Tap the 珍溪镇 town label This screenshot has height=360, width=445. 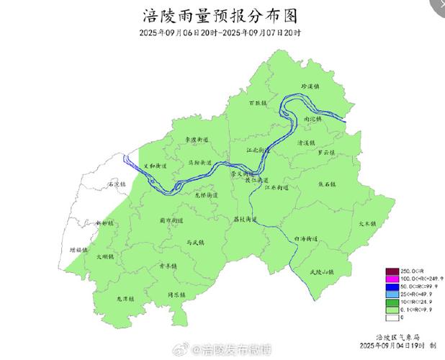point(310,86)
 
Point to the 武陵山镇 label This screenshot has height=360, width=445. point(321,271)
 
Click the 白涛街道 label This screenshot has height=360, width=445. point(307,238)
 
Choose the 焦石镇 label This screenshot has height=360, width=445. point(328,184)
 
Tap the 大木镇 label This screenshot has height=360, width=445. point(368,223)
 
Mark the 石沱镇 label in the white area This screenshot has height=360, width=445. point(116,184)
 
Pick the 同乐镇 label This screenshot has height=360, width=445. point(177,295)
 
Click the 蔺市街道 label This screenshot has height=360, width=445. point(171,220)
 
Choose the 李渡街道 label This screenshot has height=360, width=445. point(196,140)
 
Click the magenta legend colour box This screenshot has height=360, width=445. point(392,278)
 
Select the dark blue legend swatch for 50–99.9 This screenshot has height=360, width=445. point(392,286)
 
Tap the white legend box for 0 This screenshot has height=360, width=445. point(392,318)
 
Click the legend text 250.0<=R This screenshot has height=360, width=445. point(413,270)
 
